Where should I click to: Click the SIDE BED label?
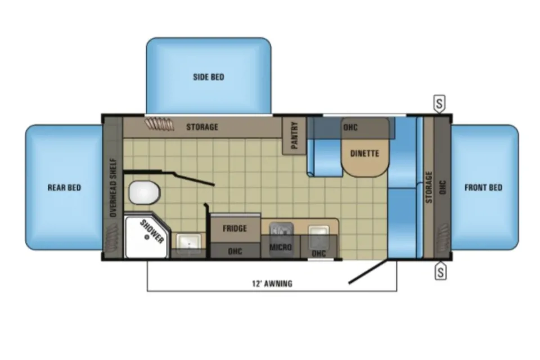point(208,77)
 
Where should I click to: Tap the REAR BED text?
point(64,188)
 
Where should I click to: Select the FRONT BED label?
point(483,188)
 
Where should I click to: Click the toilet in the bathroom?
point(145,192)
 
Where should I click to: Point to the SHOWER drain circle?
point(147,237)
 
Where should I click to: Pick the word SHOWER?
point(152,232)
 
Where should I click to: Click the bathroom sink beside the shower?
point(189,241)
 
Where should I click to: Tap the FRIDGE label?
point(235,228)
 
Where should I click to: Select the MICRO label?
point(280,247)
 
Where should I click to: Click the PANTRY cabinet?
point(294,136)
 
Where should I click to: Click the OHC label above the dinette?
point(350,128)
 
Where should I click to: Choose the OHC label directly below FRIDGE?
point(235,251)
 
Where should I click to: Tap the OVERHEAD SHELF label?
point(113,188)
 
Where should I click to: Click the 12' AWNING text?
point(272,283)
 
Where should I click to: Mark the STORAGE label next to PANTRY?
point(202,127)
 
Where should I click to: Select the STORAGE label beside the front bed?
point(429,187)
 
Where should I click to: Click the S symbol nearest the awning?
point(440,272)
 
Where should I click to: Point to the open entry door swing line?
point(368,272)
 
